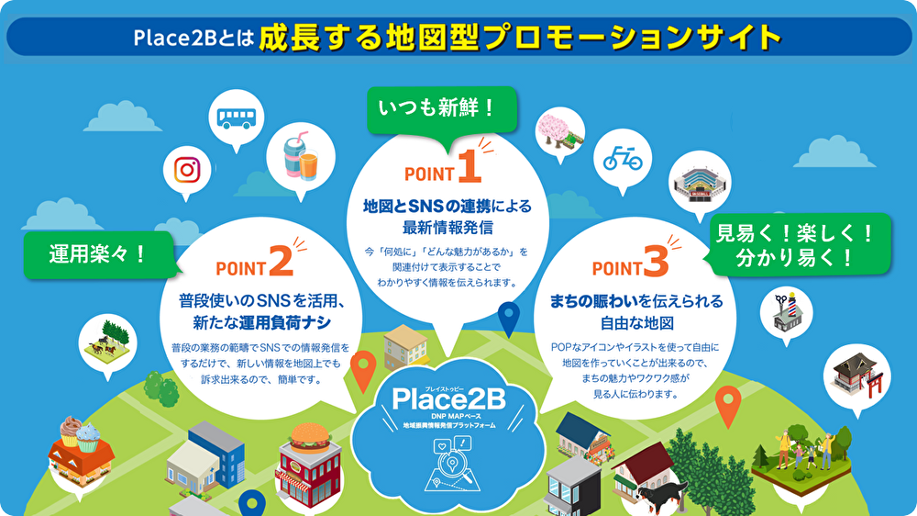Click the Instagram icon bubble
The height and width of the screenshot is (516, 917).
tap(187, 170)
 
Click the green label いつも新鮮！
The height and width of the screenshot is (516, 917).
tap(436, 109)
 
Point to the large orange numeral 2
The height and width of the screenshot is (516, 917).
tap(280, 262)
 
